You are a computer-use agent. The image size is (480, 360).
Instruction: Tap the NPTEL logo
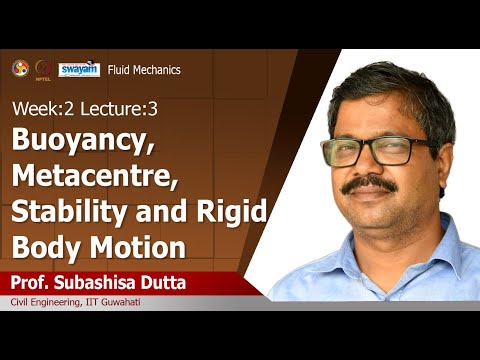click(x=42, y=68)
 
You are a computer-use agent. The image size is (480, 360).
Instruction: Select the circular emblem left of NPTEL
click(x=18, y=68)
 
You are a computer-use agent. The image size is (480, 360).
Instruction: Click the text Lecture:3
click(x=104, y=108)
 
